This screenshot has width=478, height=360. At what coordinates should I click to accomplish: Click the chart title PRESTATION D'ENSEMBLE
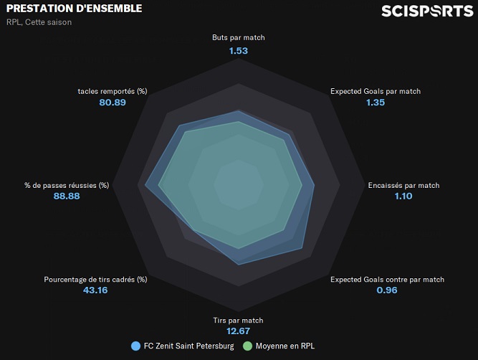click(74, 9)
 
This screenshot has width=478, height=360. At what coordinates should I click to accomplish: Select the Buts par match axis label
click(239, 37)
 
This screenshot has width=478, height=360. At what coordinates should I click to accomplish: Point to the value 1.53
click(239, 51)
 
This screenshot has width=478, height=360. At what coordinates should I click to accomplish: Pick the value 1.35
click(376, 103)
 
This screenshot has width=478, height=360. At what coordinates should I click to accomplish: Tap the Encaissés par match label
click(403, 185)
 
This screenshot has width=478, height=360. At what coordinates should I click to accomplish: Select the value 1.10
click(403, 196)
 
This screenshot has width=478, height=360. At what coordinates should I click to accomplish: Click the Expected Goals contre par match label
click(387, 279)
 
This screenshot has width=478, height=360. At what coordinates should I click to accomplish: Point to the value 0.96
click(387, 290)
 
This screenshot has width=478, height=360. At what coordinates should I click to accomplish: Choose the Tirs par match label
click(239, 321)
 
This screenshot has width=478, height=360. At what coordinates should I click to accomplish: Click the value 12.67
click(239, 331)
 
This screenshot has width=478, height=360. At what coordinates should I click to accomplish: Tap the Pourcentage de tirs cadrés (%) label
click(95, 279)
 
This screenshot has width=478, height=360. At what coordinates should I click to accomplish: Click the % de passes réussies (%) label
click(67, 185)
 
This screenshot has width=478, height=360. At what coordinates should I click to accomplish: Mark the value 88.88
click(67, 196)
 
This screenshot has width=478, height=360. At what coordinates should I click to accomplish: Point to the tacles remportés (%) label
click(113, 91)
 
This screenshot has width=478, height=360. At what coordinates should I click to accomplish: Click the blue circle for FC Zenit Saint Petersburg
click(135, 346)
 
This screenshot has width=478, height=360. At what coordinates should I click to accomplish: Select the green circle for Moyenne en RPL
click(249, 346)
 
